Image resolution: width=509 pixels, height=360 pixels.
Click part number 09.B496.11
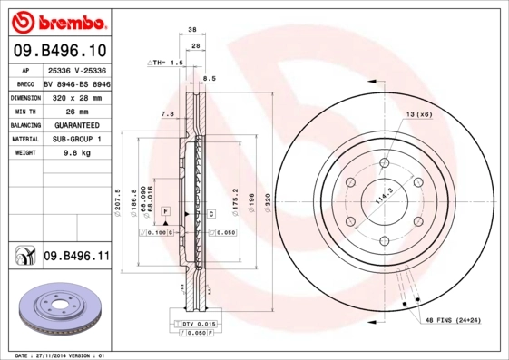[x=75, y=258]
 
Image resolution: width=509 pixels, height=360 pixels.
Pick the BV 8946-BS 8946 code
[x=76, y=82]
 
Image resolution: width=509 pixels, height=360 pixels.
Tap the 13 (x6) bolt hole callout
[x=418, y=114]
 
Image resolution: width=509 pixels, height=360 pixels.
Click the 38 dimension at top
[x=192, y=30]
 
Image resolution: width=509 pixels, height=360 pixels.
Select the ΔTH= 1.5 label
[x=165, y=63]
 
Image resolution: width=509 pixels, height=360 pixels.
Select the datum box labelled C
[x=210, y=214]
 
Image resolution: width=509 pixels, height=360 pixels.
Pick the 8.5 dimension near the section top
[x=210, y=79]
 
